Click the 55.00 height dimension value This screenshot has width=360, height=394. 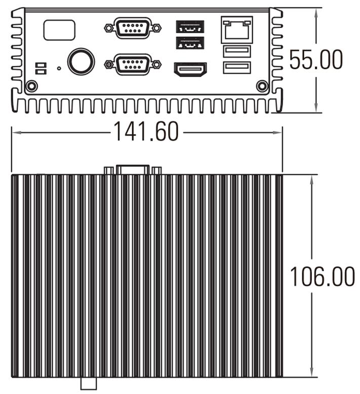click(316, 59)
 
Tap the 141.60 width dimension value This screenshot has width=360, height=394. click(146, 132)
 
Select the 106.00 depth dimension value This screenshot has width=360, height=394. click(322, 276)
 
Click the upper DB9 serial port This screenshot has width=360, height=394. click(133, 28)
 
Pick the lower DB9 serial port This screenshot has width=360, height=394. click(133, 64)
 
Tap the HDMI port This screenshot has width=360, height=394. click(190, 69)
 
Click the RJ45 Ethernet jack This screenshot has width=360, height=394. click(237, 30)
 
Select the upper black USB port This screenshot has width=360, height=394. click(190, 27)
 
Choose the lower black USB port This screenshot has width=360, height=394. click(190, 43)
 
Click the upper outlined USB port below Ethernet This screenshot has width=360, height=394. click(237, 51)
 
